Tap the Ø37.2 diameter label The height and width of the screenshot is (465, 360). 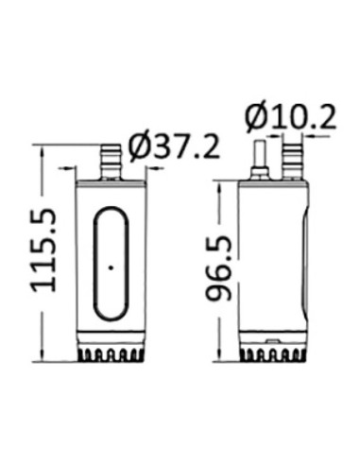175,147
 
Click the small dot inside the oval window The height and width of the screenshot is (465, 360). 111,267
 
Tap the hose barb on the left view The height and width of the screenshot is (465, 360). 111,163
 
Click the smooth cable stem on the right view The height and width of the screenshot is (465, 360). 260,157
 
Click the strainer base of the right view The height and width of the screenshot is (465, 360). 273,354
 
